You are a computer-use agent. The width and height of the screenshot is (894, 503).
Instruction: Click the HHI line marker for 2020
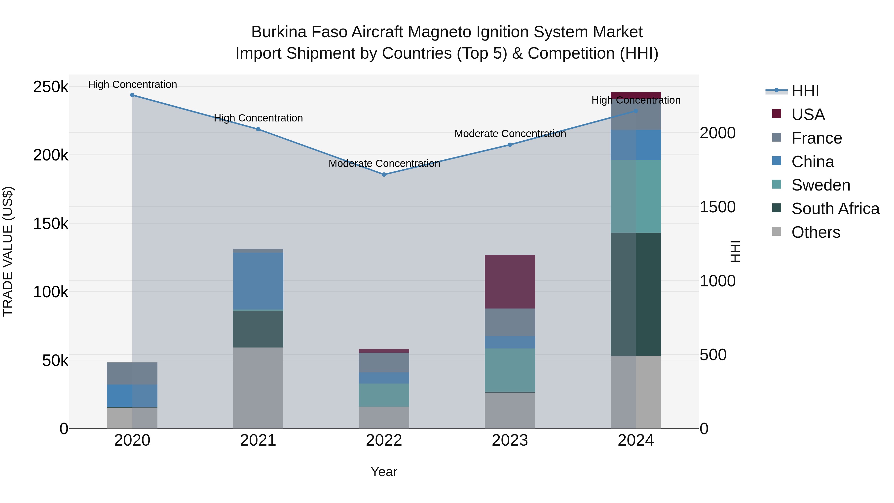[x=132, y=95]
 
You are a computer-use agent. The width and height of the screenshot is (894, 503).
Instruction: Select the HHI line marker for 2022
[x=384, y=175]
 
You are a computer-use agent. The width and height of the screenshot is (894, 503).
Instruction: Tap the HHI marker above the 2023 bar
[x=510, y=145]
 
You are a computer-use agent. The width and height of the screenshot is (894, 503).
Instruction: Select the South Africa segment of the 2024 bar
[x=636, y=294]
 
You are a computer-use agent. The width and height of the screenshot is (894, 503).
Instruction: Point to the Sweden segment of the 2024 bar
[x=636, y=196]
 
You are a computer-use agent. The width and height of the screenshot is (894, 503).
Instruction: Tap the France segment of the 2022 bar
[x=384, y=362]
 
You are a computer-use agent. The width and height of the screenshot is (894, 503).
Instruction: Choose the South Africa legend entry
[x=835, y=209]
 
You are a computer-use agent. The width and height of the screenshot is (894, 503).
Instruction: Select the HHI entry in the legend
[x=805, y=91]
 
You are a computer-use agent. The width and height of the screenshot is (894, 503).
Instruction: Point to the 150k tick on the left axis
[x=51, y=224]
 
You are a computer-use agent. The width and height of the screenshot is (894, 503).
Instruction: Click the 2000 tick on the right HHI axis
[x=717, y=133]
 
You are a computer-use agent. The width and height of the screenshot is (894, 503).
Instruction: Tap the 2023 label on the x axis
[x=510, y=440]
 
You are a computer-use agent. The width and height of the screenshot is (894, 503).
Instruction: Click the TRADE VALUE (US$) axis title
[x=8, y=251]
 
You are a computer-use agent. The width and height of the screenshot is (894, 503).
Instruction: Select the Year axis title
[x=384, y=472]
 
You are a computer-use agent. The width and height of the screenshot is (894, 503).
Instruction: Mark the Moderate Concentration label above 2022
[x=384, y=163]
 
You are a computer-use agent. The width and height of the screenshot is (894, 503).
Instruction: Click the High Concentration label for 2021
[x=258, y=118]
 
